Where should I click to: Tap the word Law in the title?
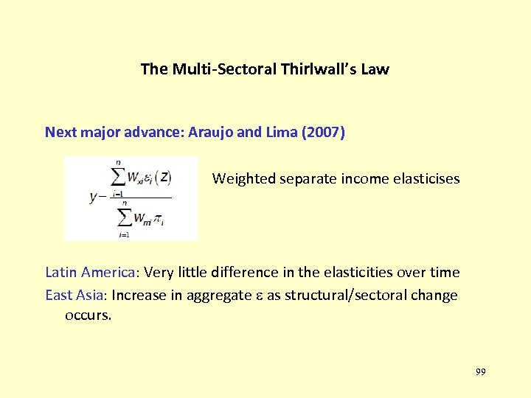click(x=375, y=70)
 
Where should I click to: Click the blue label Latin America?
click(x=91, y=273)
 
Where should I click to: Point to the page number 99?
click(x=480, y=372)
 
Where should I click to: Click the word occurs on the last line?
click(x=88, y=316)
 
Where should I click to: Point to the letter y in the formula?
click(x=93, y=196)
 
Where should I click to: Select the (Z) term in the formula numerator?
click(x=164, y=177)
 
